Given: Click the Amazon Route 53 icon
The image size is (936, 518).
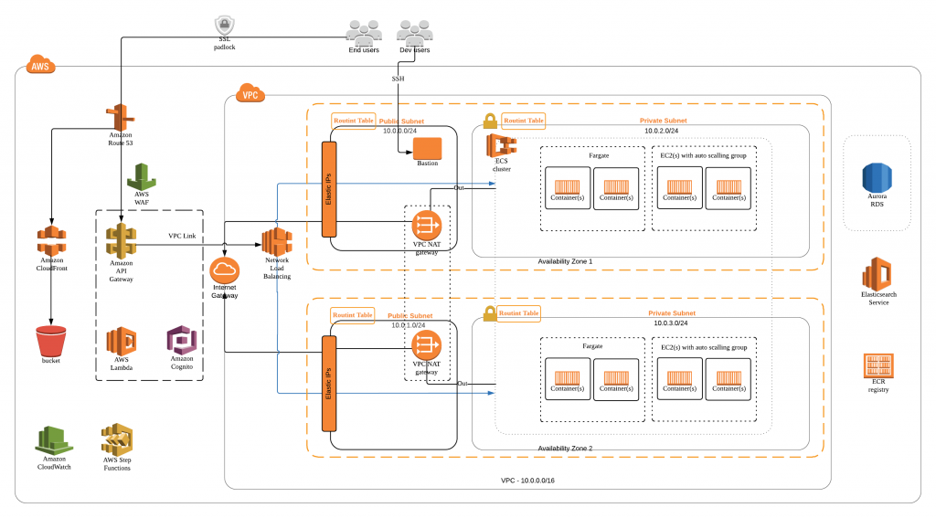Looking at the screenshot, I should click(120, 118).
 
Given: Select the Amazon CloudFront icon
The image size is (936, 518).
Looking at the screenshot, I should click(51, 242).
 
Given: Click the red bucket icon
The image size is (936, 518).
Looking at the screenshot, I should click(51, 342).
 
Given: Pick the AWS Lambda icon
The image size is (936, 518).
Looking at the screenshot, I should click(121, 342).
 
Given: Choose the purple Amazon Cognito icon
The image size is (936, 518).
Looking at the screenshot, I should click(181, 342).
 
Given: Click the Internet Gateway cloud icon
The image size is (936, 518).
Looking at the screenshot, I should click(224, 271).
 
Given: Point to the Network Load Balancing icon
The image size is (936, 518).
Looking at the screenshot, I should click(276, 243).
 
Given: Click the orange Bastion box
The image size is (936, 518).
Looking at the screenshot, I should click(427, 146).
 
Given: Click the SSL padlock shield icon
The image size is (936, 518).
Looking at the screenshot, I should click(225, 26).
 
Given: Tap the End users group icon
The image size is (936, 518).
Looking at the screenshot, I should click(363, 32).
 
